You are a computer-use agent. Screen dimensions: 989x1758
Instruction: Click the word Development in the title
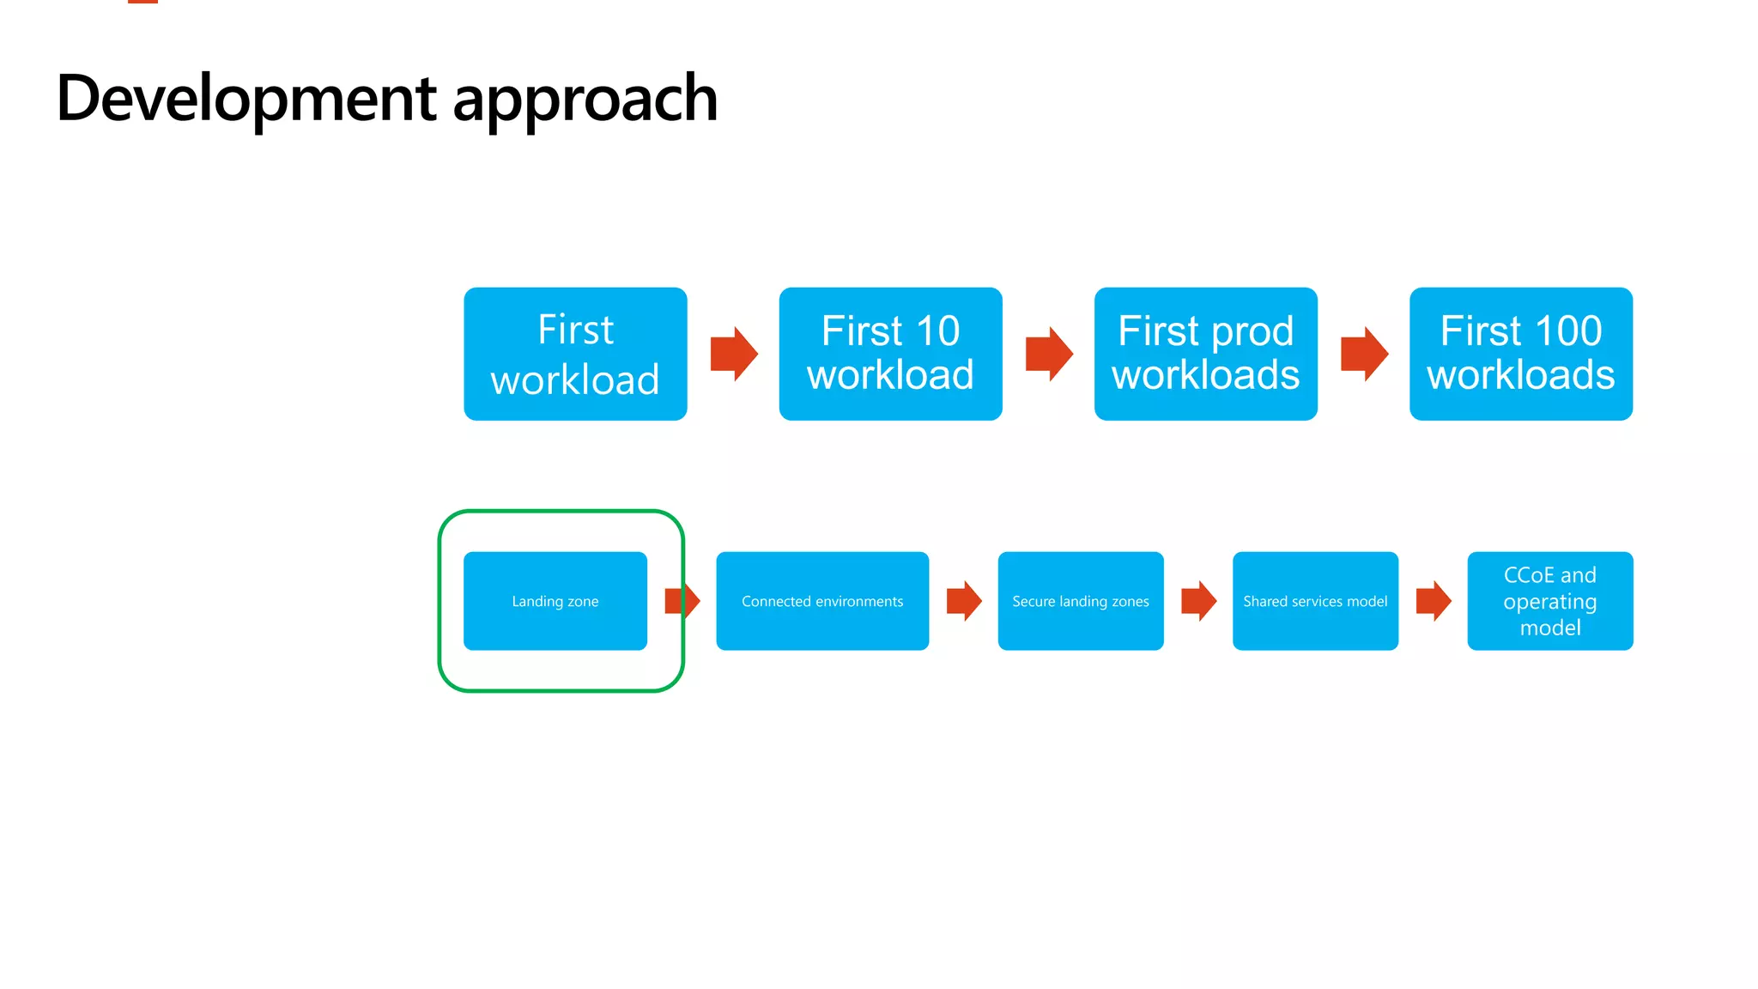tap(246, 99)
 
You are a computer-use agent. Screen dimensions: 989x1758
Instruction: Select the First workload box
tap(575, 354)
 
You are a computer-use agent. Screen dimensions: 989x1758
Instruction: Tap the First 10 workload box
tap(890, 354)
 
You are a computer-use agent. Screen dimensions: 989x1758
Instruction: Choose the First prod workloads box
tap(1205, 354)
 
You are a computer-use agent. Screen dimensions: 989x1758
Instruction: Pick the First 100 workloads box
tap(1520, 354)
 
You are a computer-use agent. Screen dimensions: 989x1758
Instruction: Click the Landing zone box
tap(555, 601)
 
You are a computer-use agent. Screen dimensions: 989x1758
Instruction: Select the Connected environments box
tap(822, 601)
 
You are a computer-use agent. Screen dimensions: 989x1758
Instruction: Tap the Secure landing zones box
tap(1080, 601)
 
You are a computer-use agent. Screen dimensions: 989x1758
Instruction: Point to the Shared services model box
tap(1315, 601)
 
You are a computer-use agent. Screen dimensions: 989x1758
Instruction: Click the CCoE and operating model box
tap(1549, 601)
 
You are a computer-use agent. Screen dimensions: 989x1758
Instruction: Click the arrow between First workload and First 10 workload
tap(734, 354)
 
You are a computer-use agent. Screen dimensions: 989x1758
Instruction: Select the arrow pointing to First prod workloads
tap(1049, 354)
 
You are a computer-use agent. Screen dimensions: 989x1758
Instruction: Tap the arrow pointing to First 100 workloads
tap(1364, 354)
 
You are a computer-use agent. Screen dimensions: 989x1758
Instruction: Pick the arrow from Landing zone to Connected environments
tap(683, 601)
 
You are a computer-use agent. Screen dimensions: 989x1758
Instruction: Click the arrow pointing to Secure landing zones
tap(964, 601)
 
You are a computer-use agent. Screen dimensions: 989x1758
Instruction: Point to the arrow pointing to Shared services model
tap(1198, 601)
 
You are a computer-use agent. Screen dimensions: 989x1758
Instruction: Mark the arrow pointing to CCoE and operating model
tap(1434, 601)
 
